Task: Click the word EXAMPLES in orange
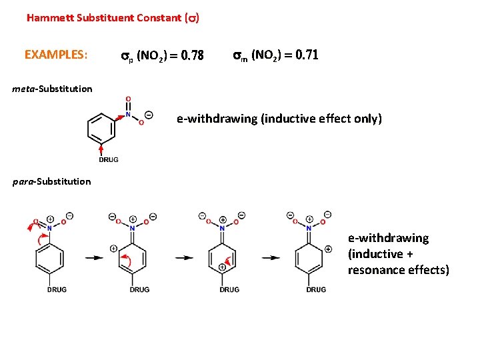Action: point(55,55)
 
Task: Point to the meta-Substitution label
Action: point(52,89)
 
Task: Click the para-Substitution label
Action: point(52,181)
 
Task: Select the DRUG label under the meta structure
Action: point(109,159)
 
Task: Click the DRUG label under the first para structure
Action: point(57,289)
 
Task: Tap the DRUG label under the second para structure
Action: point(139,289)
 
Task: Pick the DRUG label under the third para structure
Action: point(229,289)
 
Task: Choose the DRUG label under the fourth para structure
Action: point(316,289)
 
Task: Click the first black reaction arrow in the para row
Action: point(93,257)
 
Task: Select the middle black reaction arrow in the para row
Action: point(184,257)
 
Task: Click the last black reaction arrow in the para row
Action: point(271,257)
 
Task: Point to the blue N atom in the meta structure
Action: point(128,114)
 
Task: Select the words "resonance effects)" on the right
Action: point(398,270)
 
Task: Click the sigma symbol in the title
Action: point(191,18)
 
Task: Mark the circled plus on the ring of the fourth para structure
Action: point(328,249)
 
